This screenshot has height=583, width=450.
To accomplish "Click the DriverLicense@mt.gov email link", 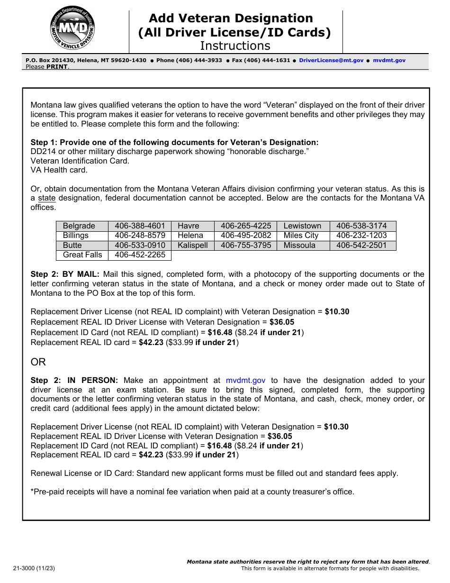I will tap(331, 60).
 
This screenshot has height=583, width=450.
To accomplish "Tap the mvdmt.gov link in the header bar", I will tap(389, 60).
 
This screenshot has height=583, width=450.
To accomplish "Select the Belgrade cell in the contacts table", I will tap(79, 226).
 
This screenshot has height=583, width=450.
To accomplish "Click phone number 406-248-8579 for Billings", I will tap(140, 236).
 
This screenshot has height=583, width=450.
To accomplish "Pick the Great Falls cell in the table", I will tap(82, 255).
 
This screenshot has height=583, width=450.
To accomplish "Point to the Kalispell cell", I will tap(193, 246).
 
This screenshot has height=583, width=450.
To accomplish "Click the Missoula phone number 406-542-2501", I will tap(361, 246).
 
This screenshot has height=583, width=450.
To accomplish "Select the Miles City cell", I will tap(301, 236).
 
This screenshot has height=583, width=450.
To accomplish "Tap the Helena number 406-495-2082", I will tap(246, 236).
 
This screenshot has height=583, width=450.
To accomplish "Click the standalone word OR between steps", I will tap(38, 362).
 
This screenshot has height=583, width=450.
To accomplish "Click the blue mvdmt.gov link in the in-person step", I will tap(245, 380).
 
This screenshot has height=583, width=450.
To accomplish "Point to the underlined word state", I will tap(47, 198).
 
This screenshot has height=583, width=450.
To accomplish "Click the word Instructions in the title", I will tap(235, 46).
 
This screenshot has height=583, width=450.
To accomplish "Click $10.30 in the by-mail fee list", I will tap(337, 312).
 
